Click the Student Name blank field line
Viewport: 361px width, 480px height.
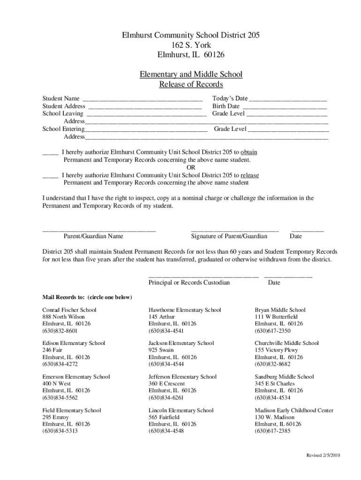(143, 99)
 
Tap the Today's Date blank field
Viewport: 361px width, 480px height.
(288, 99)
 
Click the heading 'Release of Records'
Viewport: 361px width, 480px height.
(191, 84)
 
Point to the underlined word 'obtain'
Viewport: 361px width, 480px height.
(248, 152)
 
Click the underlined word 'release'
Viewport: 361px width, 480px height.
(249, 175)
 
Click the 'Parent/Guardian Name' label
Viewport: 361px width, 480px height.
(93, 236)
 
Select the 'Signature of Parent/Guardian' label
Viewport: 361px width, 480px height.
(229, 236)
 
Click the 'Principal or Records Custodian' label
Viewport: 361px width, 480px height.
(189, 283)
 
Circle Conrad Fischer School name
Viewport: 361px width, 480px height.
(69, 310)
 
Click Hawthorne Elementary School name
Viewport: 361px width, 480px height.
(185, 310)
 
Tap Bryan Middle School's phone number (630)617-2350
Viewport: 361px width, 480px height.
(272, 330)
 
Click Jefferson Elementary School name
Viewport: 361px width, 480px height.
(182, 376)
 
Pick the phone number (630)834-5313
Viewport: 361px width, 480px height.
(60, 431)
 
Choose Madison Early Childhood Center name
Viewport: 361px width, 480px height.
(294, 410)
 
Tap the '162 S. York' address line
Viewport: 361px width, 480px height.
(191, 45)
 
